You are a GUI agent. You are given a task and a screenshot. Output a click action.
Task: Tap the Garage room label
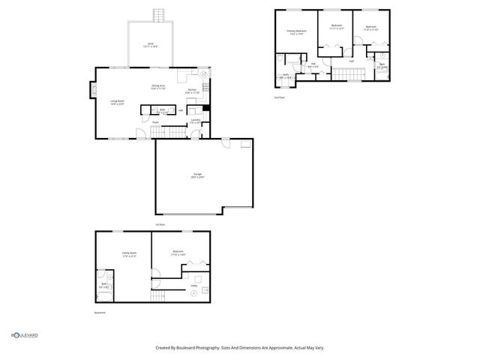[197, 175]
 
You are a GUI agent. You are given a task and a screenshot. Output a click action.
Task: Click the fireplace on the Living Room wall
[93, 91]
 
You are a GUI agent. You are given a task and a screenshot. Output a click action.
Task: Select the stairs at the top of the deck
[158, 16]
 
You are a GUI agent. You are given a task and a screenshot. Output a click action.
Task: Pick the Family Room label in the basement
[129, 254]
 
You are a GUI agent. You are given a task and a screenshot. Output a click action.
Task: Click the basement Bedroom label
[178, 253]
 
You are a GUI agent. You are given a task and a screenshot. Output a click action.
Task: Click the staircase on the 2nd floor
[346, 73]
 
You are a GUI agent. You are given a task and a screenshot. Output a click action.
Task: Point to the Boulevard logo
[24, 335]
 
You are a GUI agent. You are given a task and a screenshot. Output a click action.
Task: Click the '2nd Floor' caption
[280, 97]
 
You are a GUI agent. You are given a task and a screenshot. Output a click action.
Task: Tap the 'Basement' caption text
[100, 313]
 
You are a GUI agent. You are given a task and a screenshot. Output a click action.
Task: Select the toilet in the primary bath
[279, 58]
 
